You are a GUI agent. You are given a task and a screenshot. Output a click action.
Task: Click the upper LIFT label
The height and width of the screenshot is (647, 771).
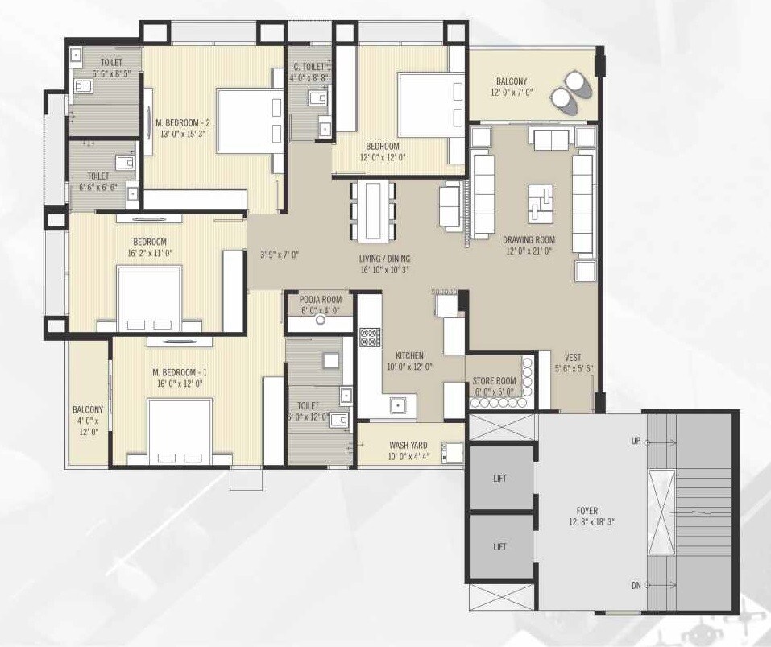(500, 478)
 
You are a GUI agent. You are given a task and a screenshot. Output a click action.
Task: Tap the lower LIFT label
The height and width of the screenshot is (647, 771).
(500, 547)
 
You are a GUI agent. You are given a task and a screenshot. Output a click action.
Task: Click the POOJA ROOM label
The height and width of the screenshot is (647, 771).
(320, 299)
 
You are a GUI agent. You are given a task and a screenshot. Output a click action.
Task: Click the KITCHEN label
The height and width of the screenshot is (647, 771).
(409, 355)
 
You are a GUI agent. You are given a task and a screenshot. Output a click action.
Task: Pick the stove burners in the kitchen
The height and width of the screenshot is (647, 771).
(369, 337)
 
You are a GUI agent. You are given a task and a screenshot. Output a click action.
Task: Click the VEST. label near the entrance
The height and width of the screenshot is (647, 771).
(574, 356)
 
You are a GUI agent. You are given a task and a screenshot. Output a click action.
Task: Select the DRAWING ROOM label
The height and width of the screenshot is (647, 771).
(529, 240)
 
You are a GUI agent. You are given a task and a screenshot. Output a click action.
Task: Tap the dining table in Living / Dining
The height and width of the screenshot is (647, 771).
(373, 210)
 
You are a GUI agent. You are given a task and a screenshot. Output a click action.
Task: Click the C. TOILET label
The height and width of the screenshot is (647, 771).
(308, 67)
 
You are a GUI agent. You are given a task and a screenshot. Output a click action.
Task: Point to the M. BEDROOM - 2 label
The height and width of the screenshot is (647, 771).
(183, 122)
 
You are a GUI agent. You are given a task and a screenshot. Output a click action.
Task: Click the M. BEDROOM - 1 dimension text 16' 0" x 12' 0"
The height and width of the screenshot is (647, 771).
(178, 384)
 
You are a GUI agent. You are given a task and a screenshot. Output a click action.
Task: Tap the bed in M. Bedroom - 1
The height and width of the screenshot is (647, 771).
(179, 431)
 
